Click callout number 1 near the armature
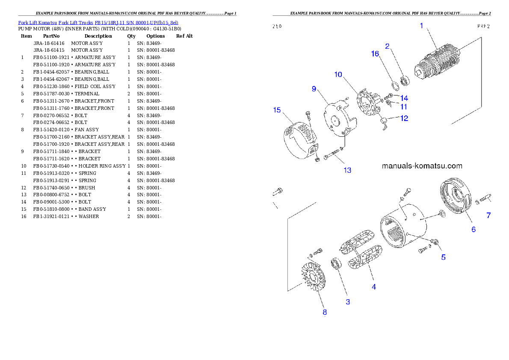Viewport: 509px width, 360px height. click(x=421, y=26)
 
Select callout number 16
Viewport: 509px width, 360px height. click(x=375, y=53)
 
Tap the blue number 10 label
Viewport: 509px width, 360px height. click(x=338, y=74)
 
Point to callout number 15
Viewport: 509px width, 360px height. click(x=277, y=110)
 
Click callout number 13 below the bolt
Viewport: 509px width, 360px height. click(x=347, y=170)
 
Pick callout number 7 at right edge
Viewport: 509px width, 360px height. click(x=488, y=215)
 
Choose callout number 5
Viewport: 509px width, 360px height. click(x=444, y=257)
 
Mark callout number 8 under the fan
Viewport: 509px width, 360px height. click(x=325, y=312)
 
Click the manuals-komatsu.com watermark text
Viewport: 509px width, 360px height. click(x=422, y=166)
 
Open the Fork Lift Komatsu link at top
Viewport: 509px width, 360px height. click(x=98, y=22)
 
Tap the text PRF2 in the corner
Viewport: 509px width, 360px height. click(x=483, y=26)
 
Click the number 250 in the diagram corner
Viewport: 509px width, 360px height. click(x=277, y=26)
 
